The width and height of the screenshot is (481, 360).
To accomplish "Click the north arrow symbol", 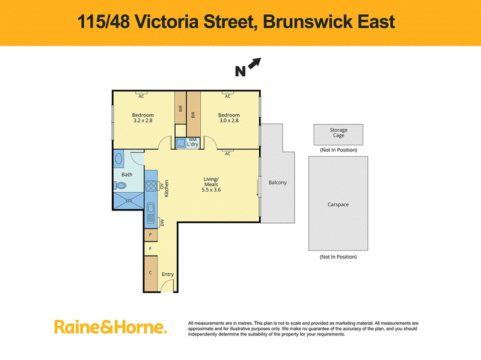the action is [x=254, y=64].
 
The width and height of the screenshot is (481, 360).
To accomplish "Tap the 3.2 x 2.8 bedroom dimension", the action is [x=143, y=121].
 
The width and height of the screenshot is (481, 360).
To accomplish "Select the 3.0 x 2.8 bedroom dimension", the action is [x=229, y=121].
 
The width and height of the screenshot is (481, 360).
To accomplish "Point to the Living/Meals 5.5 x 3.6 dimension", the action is [x=211, y=190].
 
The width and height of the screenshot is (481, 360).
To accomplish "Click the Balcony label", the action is [x=278, y=183].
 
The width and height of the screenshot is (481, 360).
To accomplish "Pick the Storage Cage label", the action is [x=339, y=132].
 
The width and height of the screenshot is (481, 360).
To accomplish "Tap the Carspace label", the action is [x=338, y=204].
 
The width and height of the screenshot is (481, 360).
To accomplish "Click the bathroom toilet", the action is [x=120, y=185].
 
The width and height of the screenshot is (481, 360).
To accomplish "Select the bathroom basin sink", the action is [x=118, y=159].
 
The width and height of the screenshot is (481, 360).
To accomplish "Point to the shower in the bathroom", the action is [x=129, y=201].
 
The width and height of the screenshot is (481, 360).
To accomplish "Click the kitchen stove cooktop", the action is [x=151, y=186].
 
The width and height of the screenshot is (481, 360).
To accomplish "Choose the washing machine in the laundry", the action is [x=181, y=143].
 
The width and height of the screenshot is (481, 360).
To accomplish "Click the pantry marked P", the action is [x=151, y=235].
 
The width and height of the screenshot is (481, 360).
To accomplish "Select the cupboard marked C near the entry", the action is [x=151, y=273].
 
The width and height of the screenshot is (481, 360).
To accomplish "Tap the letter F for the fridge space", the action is [x=150, y=248].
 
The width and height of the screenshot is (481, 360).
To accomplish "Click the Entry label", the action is [x=168, y=275].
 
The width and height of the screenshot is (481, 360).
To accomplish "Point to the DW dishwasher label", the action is [x=162, y=222].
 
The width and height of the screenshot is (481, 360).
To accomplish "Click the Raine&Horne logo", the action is [x=111, y=327].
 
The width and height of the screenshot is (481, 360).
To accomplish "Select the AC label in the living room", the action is [x=228, y=154].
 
